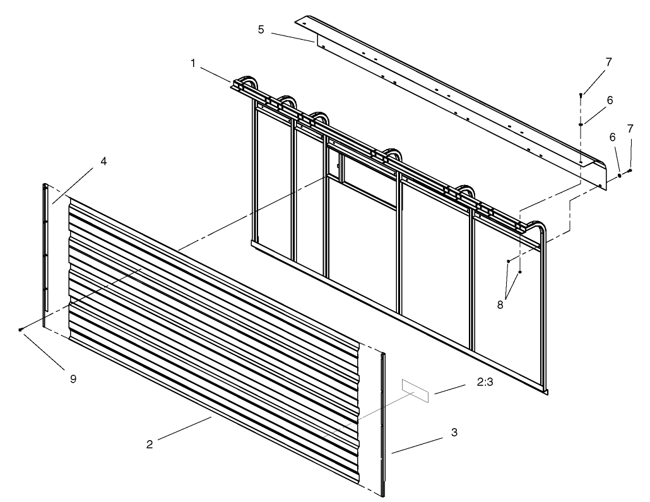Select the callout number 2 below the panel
point(150,444)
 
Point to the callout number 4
point(103,162)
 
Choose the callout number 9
point(73,379)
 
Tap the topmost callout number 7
point(608,62)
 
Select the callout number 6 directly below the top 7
point(608,100)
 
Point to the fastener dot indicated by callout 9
point(21,330)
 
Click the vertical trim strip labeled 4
point(45,253)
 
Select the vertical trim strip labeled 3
point(383,423)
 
